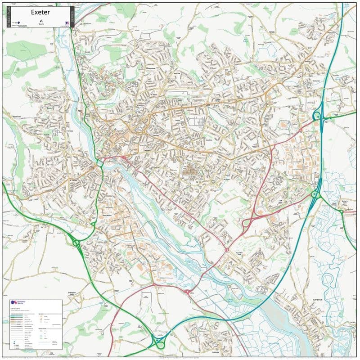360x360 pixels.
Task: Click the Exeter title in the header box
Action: [x=40, y=12]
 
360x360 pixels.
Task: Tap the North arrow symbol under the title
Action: [x=40, y=21]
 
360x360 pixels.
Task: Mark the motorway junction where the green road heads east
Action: [x=318, y=117]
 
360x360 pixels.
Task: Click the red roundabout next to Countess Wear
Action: [x=227, y=249]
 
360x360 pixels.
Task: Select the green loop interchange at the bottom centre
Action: [x=160, y=344]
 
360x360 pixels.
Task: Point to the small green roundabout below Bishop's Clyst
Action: [x=341, y=211]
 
